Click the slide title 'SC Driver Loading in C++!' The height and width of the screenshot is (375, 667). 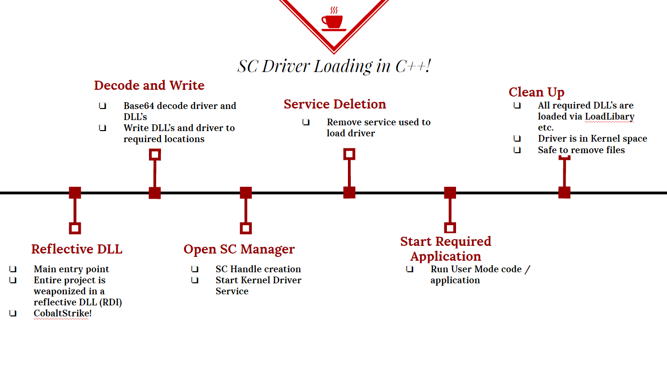(334, 66)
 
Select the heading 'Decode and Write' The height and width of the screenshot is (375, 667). (149, 85)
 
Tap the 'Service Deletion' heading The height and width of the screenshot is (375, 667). (334, 104)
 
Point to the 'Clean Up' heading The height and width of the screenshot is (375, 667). (536, 93)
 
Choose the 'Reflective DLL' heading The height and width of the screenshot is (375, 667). (77, 249)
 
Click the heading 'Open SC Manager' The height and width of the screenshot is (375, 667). (239, 249)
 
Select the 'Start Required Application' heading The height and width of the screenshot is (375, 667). (445, 249)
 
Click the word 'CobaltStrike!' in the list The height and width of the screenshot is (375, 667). (62, 314)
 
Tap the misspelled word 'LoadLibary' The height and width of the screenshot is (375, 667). (609, 117)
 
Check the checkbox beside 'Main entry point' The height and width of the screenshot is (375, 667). (13, 269)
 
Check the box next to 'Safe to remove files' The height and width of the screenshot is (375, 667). (517, 150)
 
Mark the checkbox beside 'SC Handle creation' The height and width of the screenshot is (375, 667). (195, 269)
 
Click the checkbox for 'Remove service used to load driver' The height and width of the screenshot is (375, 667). (306, 122)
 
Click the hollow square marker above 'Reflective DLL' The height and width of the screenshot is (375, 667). (75, 228)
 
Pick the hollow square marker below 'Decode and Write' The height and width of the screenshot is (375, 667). (155, 155)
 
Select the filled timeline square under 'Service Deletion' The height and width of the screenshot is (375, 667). (349, 193)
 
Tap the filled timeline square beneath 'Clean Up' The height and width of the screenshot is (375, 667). (564, 193)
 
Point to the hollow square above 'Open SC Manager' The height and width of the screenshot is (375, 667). (246, 228)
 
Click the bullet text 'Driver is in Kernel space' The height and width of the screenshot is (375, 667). (593, 139)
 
